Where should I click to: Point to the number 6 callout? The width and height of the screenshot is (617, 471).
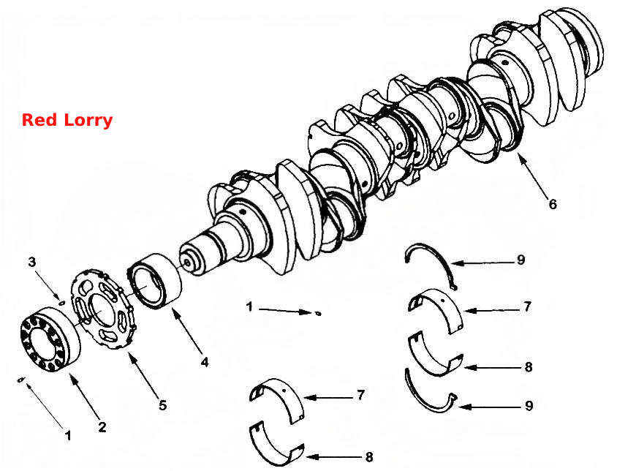pyautogui.click(x=553, y=204)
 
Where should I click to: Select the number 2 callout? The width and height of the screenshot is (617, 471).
pyautogui.click(x=102, y=427)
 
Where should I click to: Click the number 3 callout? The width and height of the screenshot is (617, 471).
pyautogui.click(x=32, y=262)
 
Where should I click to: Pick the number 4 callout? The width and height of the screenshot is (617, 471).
pyautogui.click(x=205, y=362)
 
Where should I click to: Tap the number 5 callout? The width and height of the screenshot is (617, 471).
pyautogui.click(x=163, y=405)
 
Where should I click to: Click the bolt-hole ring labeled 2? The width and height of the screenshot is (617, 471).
pyautogui.click(x=50, y=340)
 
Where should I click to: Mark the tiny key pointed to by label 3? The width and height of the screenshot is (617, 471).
pyautogui.click(x=61, y=303)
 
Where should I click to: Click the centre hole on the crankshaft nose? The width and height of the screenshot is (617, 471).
pyautogui.click(x=187, y=262)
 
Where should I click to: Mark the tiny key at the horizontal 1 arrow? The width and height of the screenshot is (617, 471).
pyautogui.click(x=319, y=314)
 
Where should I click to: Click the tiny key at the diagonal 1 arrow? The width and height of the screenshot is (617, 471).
pyautogui.click(x=22, y=380)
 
